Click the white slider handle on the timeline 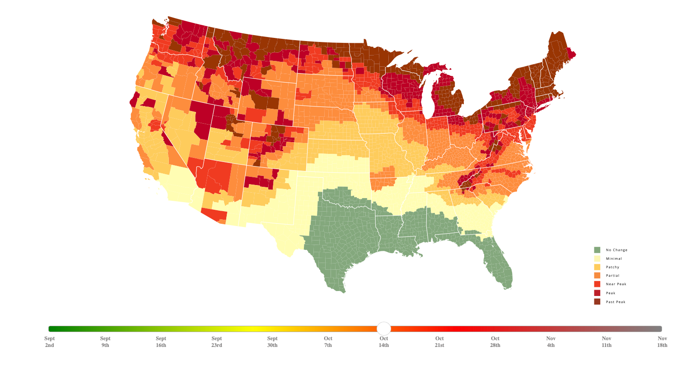point(383,328)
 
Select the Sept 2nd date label point(50,342)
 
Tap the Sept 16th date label point(161,342)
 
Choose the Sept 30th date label point(272,342)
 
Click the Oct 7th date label point(328,342)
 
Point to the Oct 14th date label point(384,342)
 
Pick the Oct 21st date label point(439,342)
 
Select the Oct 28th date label point(495,342)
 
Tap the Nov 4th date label point(551,342)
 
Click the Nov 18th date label point(662,342)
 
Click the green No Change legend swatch point(597,250)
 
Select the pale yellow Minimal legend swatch point(597,259)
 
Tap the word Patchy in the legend point(612,267)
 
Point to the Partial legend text point(612,276)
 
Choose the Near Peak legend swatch point(597,284)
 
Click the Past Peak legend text point(616,302)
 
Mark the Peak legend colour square point(597,293)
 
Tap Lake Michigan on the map point(428,99)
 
